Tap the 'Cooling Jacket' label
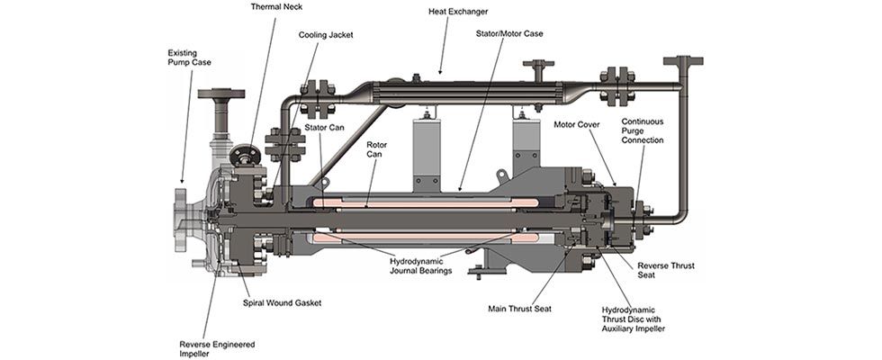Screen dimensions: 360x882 coord(326,35)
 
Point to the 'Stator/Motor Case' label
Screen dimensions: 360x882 coord(509,33)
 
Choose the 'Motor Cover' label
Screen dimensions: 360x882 coord(576,124)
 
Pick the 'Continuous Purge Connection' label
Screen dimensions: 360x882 coord(642,130)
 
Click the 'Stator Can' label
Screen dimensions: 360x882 coord(321,129)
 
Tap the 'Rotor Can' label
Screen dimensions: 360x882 coord(377,150)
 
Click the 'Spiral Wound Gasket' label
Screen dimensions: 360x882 coord(282,303)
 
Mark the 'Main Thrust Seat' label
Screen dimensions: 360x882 coord(519,309)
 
